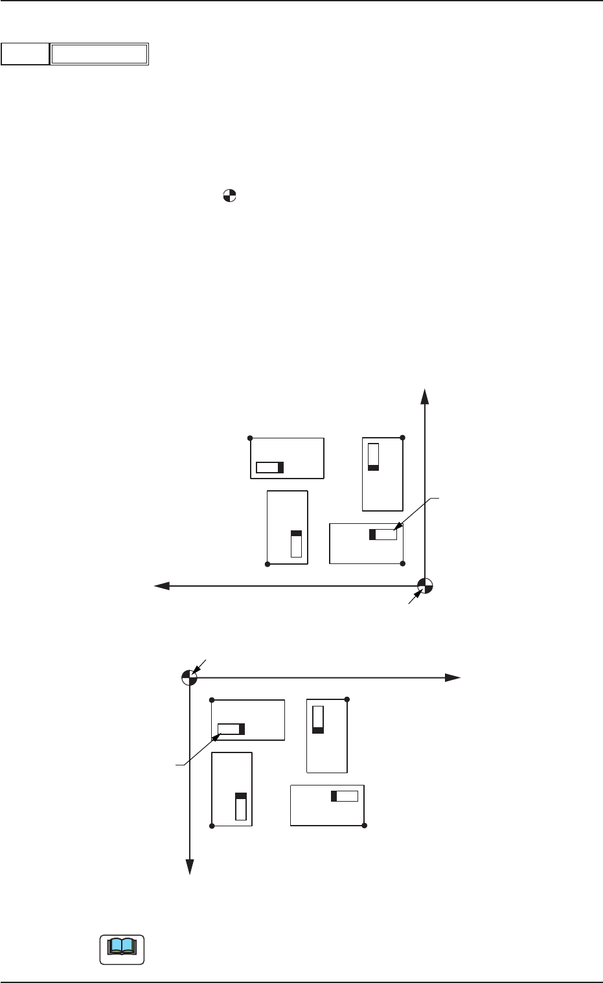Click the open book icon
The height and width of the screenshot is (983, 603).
click(x=122, y=949)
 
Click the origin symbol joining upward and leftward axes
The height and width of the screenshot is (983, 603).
click(x=424, y=586)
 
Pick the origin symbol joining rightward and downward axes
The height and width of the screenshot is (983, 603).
click(x=188, y=677)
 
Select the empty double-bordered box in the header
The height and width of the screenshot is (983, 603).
click(x=100, y=54)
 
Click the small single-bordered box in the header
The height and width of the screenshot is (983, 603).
click(x=25, y=54)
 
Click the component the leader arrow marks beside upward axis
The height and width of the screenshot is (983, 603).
click(x=383, y=534)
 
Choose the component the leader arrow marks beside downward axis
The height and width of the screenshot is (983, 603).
click(x=231, y=729)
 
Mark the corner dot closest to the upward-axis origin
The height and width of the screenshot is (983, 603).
click(x=403, y=563)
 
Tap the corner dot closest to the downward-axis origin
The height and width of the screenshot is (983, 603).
click(x=212, y=700)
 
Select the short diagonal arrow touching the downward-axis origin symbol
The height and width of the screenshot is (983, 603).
click(x=200, y=666)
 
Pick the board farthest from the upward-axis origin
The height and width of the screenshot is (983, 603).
click(x=287, y=458)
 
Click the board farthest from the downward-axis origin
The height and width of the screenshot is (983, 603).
click(x=327, y=805)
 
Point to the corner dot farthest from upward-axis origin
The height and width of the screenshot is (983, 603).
click(x=251, y=438)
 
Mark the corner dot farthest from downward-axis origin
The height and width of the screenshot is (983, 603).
click(x=365, y=826)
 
